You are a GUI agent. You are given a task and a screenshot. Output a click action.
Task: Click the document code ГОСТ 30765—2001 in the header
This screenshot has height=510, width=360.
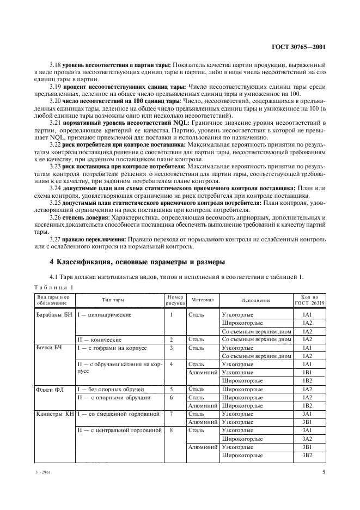[x=298, y=47]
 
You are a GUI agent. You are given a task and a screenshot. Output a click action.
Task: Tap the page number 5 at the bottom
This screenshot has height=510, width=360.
[x=324, y=472]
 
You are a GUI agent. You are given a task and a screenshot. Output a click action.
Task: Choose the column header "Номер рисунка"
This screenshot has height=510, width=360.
[x=172, y=299]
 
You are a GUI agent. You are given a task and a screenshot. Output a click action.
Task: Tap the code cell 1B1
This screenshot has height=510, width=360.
[x=307, y=373]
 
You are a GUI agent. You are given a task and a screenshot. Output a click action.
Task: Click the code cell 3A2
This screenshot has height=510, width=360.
[x=307, y=439]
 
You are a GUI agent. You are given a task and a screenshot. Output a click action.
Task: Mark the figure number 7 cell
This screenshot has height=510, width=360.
[x=171, y=414]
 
